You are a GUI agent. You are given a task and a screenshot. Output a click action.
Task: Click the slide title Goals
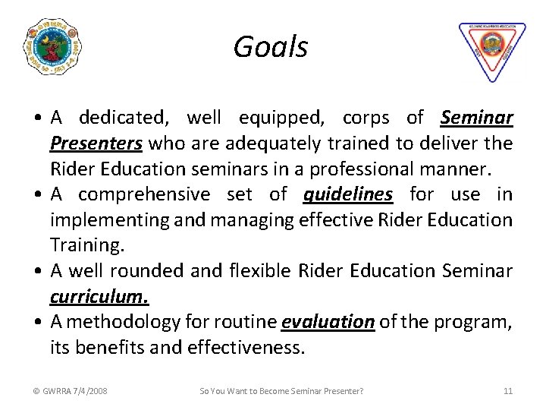coord(271,47)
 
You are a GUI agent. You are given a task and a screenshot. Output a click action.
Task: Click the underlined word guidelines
coord(348,194)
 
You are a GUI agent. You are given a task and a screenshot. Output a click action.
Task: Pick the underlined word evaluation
coord(328,322)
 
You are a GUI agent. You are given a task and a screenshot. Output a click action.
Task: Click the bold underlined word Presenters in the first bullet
coord(96,143)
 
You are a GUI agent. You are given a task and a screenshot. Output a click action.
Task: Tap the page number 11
coord(508,391)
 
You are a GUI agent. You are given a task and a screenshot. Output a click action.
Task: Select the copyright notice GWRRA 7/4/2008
coord(70,391)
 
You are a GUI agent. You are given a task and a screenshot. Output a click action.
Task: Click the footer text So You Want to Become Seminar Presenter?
coord(281,391)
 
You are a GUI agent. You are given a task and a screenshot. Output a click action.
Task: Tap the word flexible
coord(260,271)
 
